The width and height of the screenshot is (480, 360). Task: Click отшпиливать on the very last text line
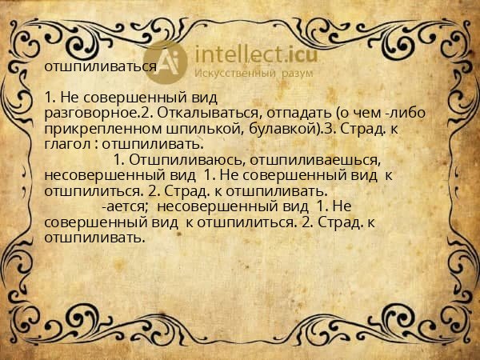(94, 238)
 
